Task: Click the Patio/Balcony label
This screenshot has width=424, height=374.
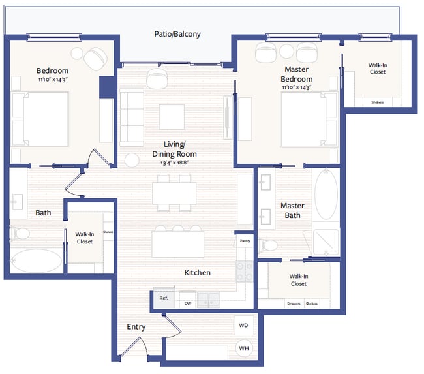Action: point(177,34)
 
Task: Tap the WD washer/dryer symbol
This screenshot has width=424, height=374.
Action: point(243,325)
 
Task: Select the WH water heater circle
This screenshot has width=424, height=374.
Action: point(243,349)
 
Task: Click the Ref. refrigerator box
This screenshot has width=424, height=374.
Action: point(164,298)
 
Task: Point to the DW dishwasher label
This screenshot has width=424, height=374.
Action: point(187,304)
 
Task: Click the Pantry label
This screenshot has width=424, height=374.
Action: point(245,241)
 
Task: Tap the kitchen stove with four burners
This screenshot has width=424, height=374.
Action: point(245,271)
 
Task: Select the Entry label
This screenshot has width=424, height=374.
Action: point(136,327)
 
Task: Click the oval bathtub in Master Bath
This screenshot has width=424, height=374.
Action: point(326,196)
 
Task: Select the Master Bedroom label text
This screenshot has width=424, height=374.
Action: point(297,74)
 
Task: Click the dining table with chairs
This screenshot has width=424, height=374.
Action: point(174,194)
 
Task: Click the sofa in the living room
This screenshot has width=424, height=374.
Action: point(132,117)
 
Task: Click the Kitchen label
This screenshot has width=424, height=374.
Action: point(197,272)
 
